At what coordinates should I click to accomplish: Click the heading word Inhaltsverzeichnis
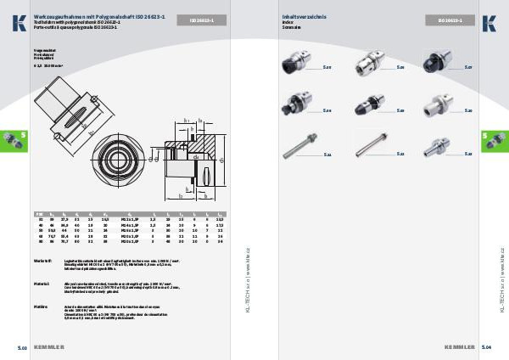(304, 16)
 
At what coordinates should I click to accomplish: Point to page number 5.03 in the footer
(23, 347)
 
